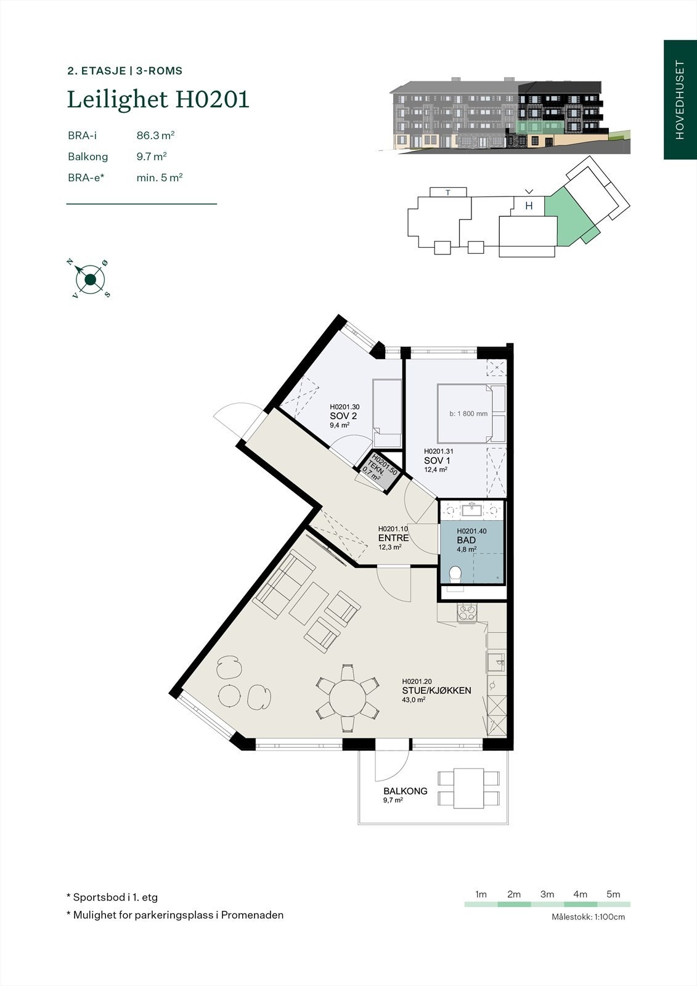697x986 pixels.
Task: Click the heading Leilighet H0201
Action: click(158, 99)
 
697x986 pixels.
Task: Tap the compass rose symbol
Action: click(90, 280)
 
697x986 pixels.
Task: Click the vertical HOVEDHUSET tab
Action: click(680, 100)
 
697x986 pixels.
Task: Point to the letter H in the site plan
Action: click(529, 206)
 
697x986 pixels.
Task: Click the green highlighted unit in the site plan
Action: click(571, 216)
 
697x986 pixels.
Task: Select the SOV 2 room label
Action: click(343, 416)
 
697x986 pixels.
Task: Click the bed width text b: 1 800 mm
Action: click(468, 414)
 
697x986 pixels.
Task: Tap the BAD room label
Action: click(466, 540)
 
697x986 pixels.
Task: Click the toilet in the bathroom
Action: click(455, 575)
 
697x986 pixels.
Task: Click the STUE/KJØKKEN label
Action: click(436, 690)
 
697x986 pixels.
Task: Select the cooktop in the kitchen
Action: click(467, 613)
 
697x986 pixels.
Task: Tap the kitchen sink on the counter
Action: click(495, 662)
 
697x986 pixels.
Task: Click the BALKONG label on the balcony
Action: click(405, 791)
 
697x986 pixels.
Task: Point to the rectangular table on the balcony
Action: click(469, 788)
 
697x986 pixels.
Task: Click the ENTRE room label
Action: click(393, 538)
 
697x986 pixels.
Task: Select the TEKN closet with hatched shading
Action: click(382, 471)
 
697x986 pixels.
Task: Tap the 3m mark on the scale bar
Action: click(547, 894)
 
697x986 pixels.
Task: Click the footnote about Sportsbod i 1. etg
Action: click(112, 897)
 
